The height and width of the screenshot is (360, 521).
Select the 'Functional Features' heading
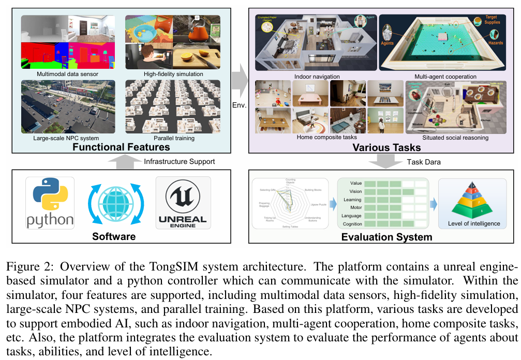point(121,147)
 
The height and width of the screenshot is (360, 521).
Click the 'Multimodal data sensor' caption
point(68,74)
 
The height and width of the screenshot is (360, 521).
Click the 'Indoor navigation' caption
point(318,77)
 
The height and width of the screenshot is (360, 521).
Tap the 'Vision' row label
point(355,191)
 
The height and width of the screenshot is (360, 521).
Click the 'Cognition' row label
point(352,224)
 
